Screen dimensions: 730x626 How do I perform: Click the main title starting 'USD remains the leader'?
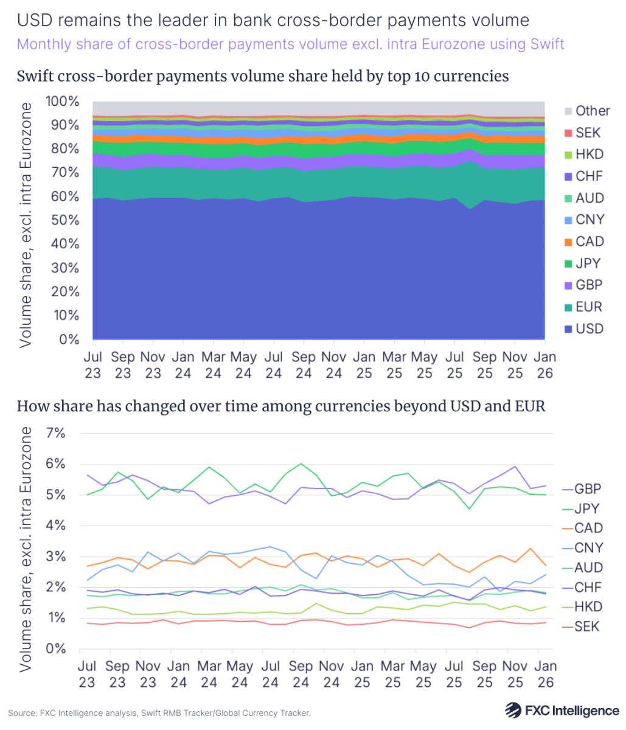273,20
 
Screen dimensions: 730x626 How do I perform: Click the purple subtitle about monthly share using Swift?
291,44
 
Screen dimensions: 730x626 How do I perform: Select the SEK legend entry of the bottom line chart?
586,626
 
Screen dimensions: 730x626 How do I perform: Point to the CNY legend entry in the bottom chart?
587,548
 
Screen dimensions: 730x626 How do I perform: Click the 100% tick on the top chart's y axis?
62,102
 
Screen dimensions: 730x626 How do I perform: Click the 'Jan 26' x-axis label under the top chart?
544,365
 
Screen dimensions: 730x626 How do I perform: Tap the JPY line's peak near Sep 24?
301,464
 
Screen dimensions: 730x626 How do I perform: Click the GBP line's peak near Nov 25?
515,467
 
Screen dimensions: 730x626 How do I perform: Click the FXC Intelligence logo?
562,710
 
